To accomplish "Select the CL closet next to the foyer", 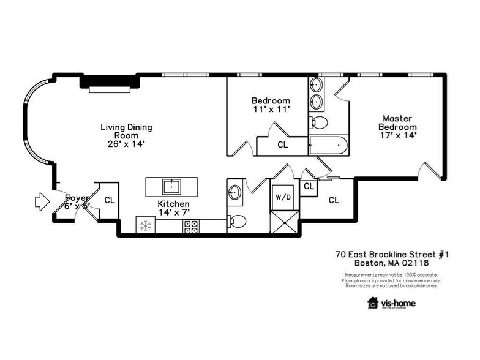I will pyautogui.click(x=109, y=200).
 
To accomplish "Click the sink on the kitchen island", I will pyautogui.click(x=171, y=186).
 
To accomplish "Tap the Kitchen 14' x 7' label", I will pyautogui.click(x=173, y=208).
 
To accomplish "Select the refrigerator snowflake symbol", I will pyautogui.click(x=146, y=226).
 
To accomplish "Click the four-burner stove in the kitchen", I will pyautogui.click(x=190, y=227).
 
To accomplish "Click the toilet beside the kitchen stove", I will pyautogui.click(x=238, y=221).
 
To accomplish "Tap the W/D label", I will pyautogui.click(x=283, y=197).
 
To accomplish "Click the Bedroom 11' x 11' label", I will pyautogui.click(x=271, y=105).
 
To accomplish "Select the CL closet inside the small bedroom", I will pyautogui.click(x=282, y=145).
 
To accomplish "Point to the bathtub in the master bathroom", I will pyautogui.click(x=329, y=146).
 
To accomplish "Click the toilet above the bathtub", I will pyautogui.click(x=319, y=122).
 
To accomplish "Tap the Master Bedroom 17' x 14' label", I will pyautogui.click(x=397, y=127).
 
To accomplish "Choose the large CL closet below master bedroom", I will pyautogui.click(x=334, y=200).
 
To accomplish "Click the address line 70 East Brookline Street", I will pyautogui.click(x=392, y=253).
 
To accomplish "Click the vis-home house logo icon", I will pyautogui.click(x=372, y=302).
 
